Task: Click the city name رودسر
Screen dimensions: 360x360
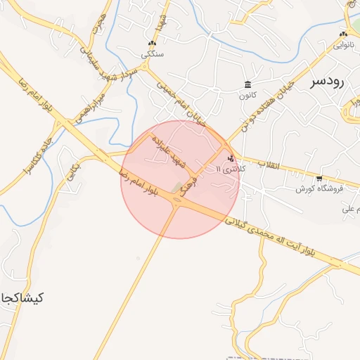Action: pos(327,82)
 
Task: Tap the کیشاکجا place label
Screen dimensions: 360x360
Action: pos(22,297)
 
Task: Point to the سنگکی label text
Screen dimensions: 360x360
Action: pos(151,53)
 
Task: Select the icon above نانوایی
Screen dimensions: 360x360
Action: pos(343,34)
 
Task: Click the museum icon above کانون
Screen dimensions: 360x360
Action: pos(247,84)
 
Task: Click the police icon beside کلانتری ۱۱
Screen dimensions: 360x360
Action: pos(231,158)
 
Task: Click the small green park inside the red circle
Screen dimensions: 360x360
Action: pos(176,188)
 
